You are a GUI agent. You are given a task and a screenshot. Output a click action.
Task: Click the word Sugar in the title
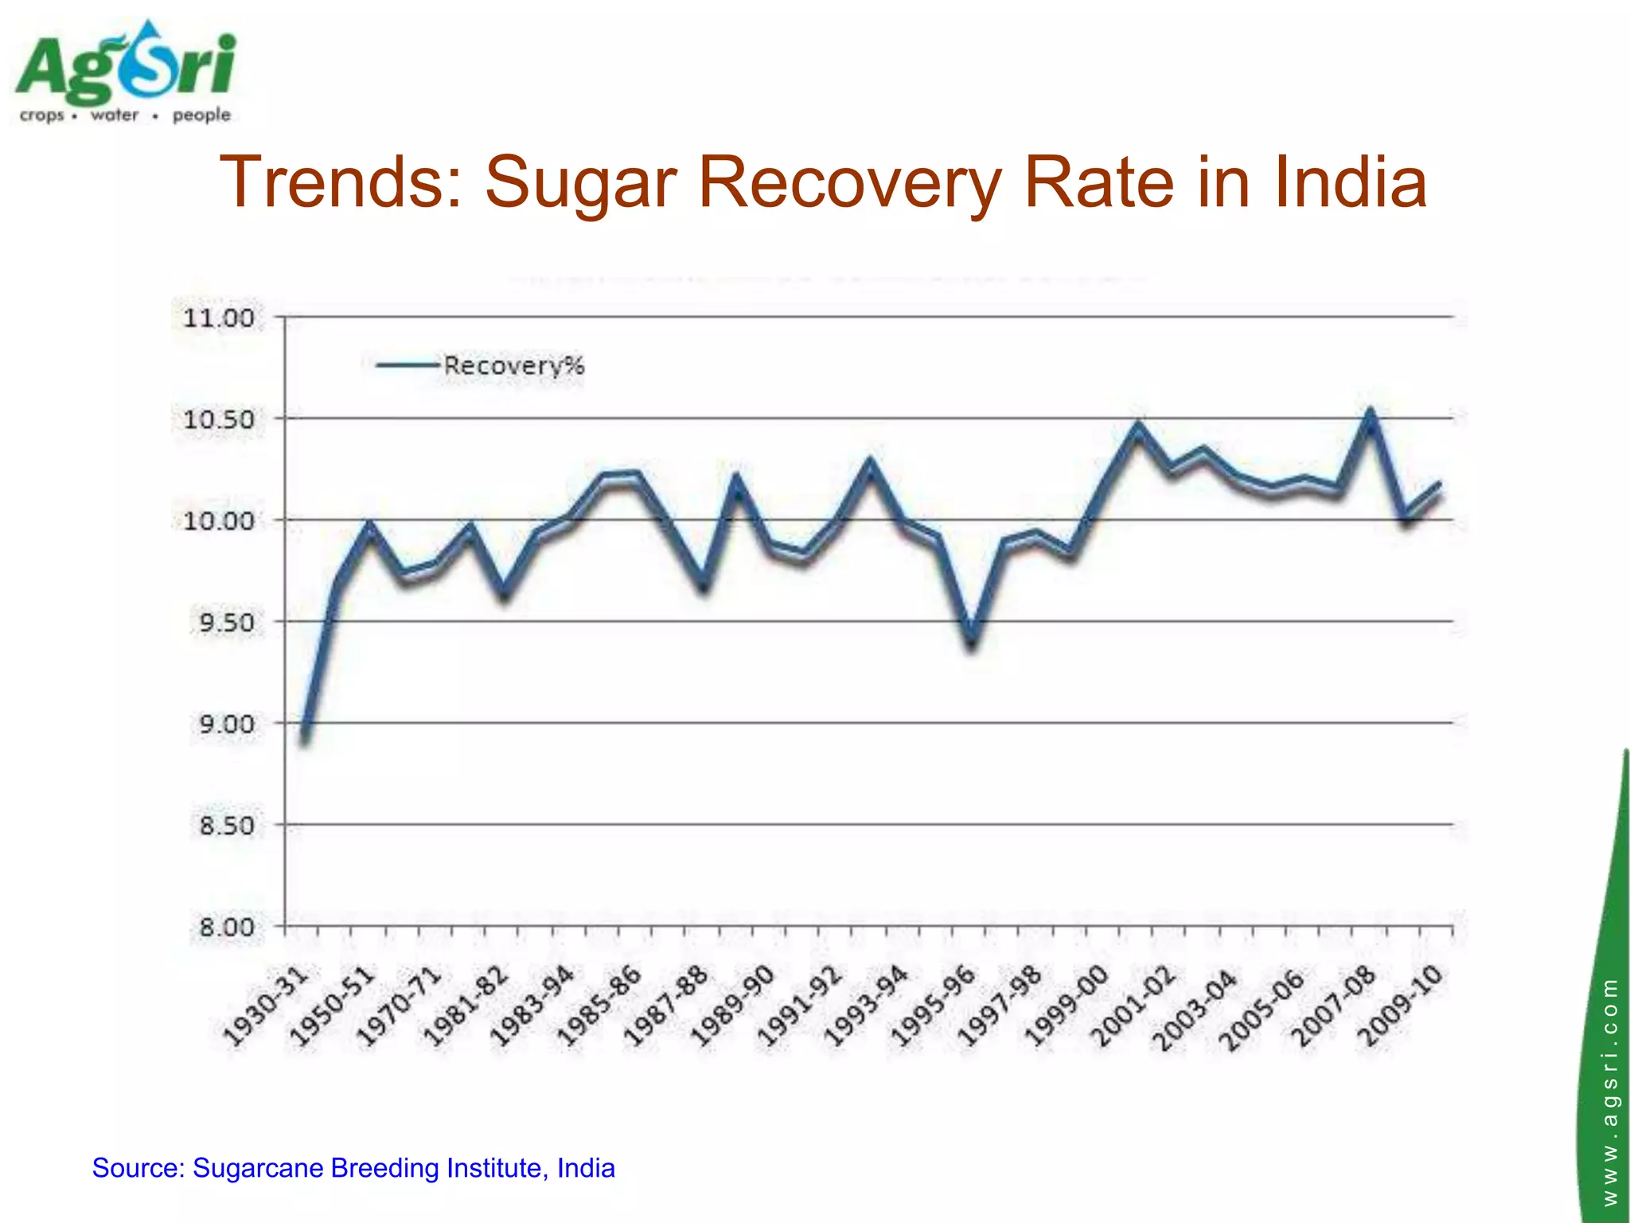(580, 182)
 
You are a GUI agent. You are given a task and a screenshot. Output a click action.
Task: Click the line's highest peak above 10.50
(1371, 414)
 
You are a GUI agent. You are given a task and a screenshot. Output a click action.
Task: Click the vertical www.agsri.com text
(1610, 1091)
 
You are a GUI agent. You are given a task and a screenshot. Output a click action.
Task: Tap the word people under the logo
(201, 115)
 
